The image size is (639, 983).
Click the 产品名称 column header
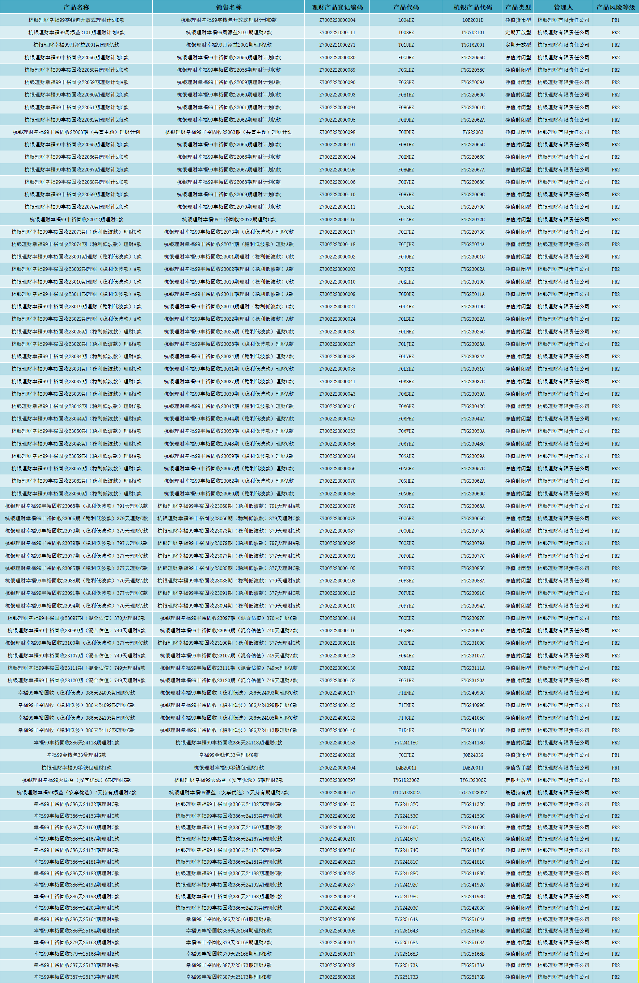pos(76,7)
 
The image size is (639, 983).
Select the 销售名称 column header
pos(229,7)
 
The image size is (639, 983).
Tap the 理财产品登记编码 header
pos(337,7)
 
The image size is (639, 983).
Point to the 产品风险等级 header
pos(616,7)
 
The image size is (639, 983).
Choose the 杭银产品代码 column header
pos(473,7)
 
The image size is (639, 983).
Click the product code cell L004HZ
pos(406,20)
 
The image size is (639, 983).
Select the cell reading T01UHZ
pos(406,45)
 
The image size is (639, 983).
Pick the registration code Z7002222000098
pos(337,132)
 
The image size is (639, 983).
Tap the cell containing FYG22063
pos(473,132)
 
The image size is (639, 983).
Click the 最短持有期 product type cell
pos(518,793)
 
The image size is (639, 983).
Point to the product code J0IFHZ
pos(406,755)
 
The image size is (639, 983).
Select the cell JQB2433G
pos(473,755)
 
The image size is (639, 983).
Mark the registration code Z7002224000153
pos(337,742)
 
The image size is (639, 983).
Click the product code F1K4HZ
pos(406,730)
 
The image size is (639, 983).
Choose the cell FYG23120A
pos(473,680)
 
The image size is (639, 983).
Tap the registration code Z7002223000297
pos(337,780)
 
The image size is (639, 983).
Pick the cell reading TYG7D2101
pos(473,32)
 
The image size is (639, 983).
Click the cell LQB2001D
pos(473,20)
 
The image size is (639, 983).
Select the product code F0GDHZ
pos(406,57)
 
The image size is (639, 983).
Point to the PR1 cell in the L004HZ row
pos(616,20)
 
